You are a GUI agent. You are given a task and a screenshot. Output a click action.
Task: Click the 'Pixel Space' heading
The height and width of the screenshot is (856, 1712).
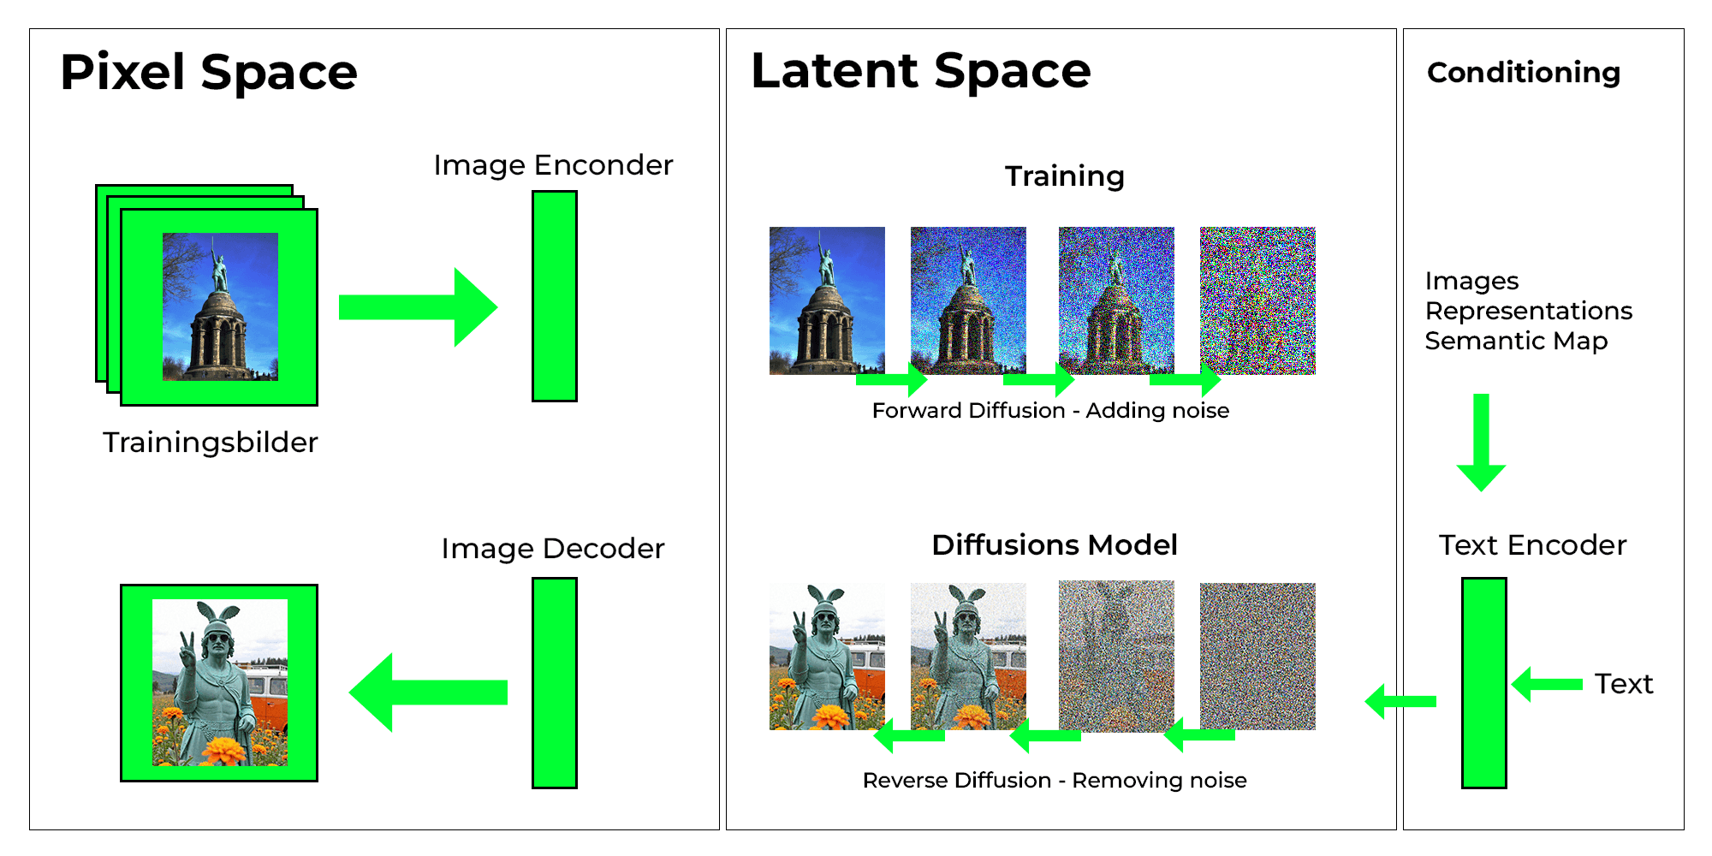click(x=208, y=72)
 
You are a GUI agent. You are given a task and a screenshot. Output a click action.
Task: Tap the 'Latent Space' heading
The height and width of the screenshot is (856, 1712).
click(x=920, y=70)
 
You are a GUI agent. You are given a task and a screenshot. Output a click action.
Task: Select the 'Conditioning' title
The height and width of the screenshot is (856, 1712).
click(x=1523, y=73)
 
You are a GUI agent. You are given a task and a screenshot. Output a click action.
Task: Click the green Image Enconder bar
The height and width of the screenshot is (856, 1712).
click(x=554, y=296)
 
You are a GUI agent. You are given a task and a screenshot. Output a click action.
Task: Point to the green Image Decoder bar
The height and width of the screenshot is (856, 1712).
click(x=554, y=682)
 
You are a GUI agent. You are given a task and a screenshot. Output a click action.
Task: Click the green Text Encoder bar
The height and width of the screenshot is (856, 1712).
click(x=1483, y=682)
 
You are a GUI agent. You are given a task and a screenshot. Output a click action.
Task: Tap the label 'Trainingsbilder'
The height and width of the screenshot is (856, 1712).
click(x=210, y=443)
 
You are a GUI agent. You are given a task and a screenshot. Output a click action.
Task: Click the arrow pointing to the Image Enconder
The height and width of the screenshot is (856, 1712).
click(x=417, y=307)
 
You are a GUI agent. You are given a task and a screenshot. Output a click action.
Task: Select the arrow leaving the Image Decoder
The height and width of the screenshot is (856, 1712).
click(x=428, y=692)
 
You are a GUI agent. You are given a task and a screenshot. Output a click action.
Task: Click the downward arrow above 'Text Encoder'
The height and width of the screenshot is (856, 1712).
click(x=1481, y=442)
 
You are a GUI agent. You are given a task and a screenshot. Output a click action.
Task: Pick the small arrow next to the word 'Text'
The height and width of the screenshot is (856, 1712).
click(x=1547, y=684)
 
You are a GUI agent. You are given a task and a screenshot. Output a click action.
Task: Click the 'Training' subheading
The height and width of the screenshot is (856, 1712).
click(x=1064, y=176)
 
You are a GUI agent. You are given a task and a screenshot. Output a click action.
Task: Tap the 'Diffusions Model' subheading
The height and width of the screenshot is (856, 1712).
click(x=1054, y=545)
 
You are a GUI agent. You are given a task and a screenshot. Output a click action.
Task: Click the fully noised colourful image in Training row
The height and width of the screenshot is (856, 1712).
click(x=1257, y=300)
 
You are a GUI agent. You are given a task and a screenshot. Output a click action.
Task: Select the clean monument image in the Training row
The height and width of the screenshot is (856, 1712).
click(x=827, y=300)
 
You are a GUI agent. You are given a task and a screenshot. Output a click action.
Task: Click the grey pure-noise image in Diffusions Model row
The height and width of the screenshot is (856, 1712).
click(x=1257, y=656)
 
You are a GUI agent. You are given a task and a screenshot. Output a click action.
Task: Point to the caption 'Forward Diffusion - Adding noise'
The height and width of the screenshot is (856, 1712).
click(x=1050, y=411)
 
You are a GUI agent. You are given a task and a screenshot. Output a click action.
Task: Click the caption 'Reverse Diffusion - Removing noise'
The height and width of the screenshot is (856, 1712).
click(x=1054, y=781)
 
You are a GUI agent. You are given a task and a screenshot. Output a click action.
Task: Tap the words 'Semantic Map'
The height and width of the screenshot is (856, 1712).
click(x=1516, y=341)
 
